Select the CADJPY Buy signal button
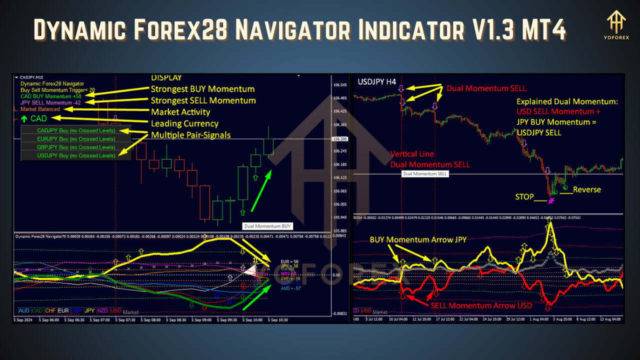76,130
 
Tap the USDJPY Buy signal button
76,155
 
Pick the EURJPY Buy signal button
76,139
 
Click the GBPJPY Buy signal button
76,147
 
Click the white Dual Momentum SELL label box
425,173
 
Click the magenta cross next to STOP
551,200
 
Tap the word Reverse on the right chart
586,190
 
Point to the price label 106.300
340,138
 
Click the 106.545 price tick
339,85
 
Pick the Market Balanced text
40,109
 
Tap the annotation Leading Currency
184,123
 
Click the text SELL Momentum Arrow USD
481,305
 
